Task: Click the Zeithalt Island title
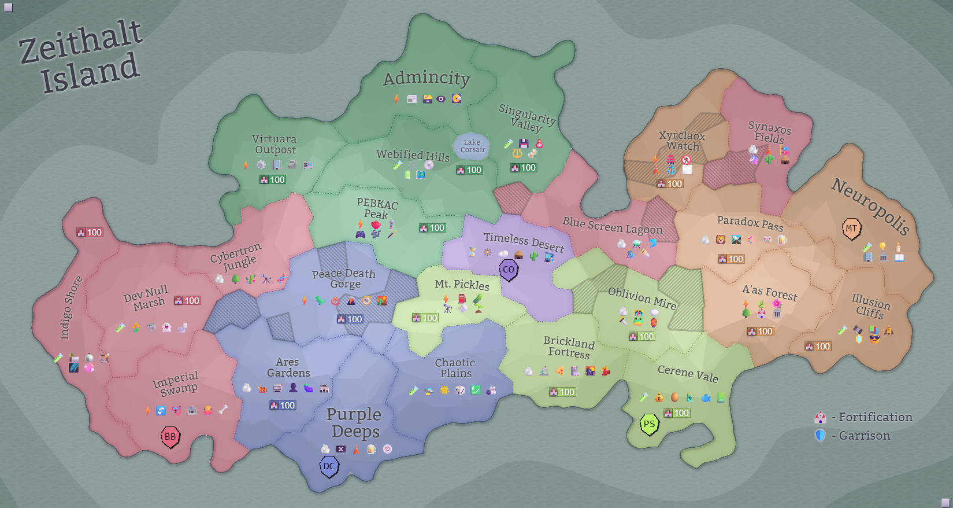pos(81,57)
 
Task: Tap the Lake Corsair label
pos(472,146)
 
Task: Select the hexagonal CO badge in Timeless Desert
pos(509,270)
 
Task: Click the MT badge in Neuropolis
pos(851,229)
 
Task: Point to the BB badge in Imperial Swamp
pos(170,437)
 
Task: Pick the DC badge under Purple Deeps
pos(329,466)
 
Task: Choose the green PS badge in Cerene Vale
pos(649,424)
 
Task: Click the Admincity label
pos(427,78)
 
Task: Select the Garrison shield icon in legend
pos(820,435)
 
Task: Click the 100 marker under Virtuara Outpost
pos(272,180)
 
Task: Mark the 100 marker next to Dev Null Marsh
pos(187,301)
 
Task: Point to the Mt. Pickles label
pos(462,284)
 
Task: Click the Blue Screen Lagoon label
pos(613,226)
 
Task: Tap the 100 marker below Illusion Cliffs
pos(818,347)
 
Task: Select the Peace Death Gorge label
pos(344,278)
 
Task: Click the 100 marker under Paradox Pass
pos(730,259)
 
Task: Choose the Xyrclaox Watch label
pos(683,141)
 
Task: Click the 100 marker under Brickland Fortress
pos(562,392)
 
